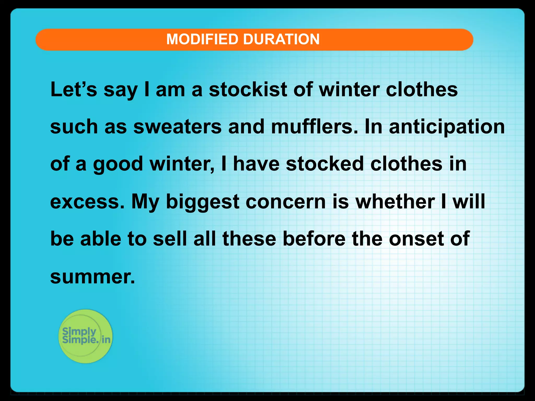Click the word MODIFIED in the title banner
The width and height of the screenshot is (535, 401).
pyautogui.click(x=202, y=39)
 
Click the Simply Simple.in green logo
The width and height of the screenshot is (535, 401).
pyautogui.click(x=85, y=336)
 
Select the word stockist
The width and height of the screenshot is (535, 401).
pyautogui.click(x=248, y=90)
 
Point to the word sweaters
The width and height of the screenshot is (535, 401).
pyautogui.click(x=177, y=127)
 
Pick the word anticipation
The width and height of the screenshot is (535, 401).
pyautogui.click(x=447, y=127)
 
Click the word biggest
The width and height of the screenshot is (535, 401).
pyautogui.click(x=203, y=202)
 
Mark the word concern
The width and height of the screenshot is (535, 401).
pyautogui.click(x=286, y=202)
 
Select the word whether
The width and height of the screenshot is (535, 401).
pyautogui.click(x=395, y=202)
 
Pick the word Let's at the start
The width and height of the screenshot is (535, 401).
pyautogui.click(x=74, y=90)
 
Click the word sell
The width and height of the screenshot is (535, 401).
pyautogui.click(x=170, y=239)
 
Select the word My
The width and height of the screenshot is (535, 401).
pyautogui.click(x=145, y=202)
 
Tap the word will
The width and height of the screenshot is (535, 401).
pyautogui.click(x=469, y=202)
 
